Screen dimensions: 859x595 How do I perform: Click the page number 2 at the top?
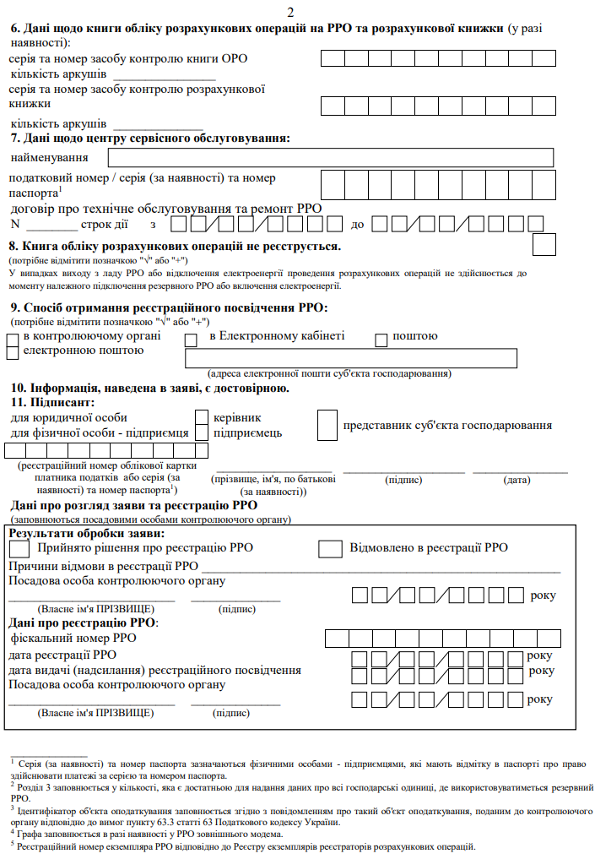coord(292,11)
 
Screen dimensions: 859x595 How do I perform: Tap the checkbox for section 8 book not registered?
coord(545,244)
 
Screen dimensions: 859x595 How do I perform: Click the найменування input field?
coord(330,158)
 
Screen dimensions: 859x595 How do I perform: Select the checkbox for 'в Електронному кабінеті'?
coord(191,339)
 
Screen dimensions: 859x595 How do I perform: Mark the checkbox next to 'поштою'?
coord(381,339)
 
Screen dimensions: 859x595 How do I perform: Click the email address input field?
coord(350,358)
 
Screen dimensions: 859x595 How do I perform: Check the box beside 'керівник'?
coord(202,418)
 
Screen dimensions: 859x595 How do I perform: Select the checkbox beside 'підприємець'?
coord(202,432)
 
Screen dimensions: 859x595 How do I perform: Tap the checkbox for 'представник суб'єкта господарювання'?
coord(327,425)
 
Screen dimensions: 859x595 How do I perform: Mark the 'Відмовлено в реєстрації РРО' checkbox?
coord(330,548)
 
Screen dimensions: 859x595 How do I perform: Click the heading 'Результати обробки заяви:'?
coord(87,533)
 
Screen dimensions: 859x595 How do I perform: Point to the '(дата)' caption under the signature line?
coord(517,480)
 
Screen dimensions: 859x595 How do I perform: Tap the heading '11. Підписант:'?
coord(47,403)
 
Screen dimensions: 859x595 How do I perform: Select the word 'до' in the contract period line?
coord(357,225)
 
